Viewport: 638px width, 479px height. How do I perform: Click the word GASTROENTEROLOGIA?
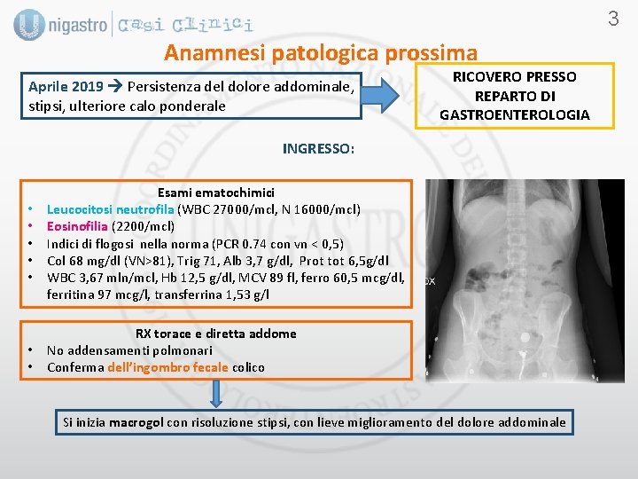click(x=514, y=114)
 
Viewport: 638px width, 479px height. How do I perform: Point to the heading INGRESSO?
click(x=318, y=149)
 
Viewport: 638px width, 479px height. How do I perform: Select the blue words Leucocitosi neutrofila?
click(x=111, y=209)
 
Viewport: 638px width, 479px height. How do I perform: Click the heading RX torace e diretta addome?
click(x=215, y=334)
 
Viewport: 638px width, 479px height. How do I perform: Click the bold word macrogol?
click(x=136, y=422)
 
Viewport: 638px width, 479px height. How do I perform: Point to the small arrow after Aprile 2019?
click(x=115, y=87)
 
